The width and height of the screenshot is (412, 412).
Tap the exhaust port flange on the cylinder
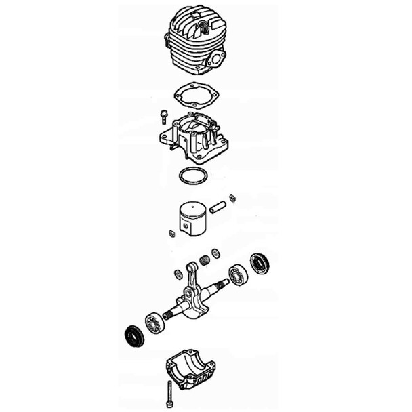pyautogui.click(x=218, y=60)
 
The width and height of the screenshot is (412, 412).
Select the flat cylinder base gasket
pyautogui.click(x=194, y=95)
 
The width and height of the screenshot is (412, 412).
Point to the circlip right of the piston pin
pyautogui.click(x=232, y=198)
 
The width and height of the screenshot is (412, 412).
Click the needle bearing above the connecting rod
pyautogui.click(x=203, y=260)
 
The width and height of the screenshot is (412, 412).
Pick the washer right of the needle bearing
pyautogui.click(x=215, y=253)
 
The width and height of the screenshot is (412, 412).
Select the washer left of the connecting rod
pyautogui.click(x=178, y=273)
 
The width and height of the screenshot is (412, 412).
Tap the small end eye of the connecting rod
pyautogui.click(x=191, y=268)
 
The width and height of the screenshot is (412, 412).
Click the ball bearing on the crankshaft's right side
pyautogui.click(x=238, y=274)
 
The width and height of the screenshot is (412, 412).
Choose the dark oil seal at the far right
pyautogui.click(x=259, y=263)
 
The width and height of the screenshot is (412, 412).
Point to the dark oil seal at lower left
pyautogui.click(x=133, y=335)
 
